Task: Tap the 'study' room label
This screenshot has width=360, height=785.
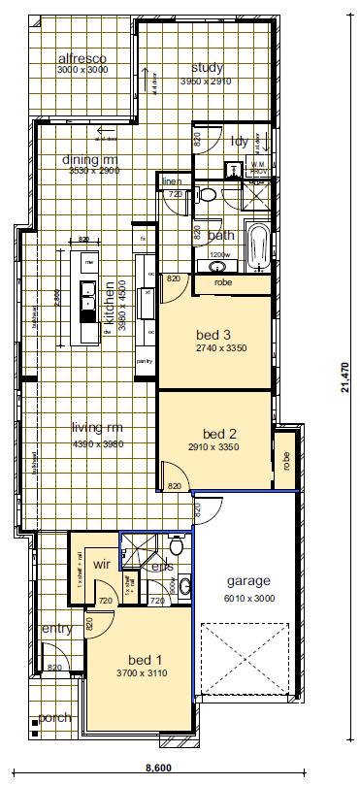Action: [x=208, y=68]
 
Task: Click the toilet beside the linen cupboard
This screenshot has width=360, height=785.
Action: [x=206, y=196]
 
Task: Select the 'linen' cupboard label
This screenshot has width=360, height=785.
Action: [x=172, y=181]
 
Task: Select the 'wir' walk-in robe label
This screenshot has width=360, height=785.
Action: [x=101, y=563]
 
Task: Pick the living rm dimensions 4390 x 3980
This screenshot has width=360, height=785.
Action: [x=97, y=444]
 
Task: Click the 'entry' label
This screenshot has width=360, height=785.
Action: [x=56, y=629]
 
